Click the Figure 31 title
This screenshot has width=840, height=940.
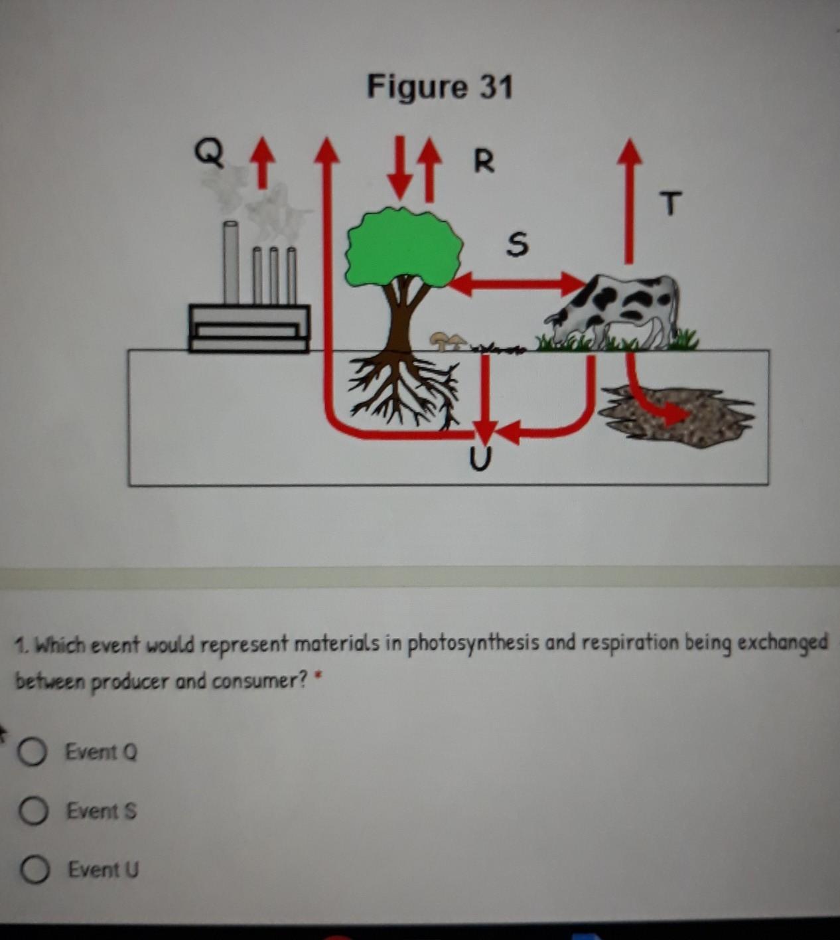[439, 87]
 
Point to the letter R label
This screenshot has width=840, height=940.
[484, 161]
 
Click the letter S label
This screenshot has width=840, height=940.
[517, 244]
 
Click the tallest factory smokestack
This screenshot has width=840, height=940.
[231, 262]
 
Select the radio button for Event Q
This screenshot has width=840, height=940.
[32, 752]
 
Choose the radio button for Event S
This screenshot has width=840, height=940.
[33, 811]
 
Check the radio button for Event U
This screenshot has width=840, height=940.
[35, 870]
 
